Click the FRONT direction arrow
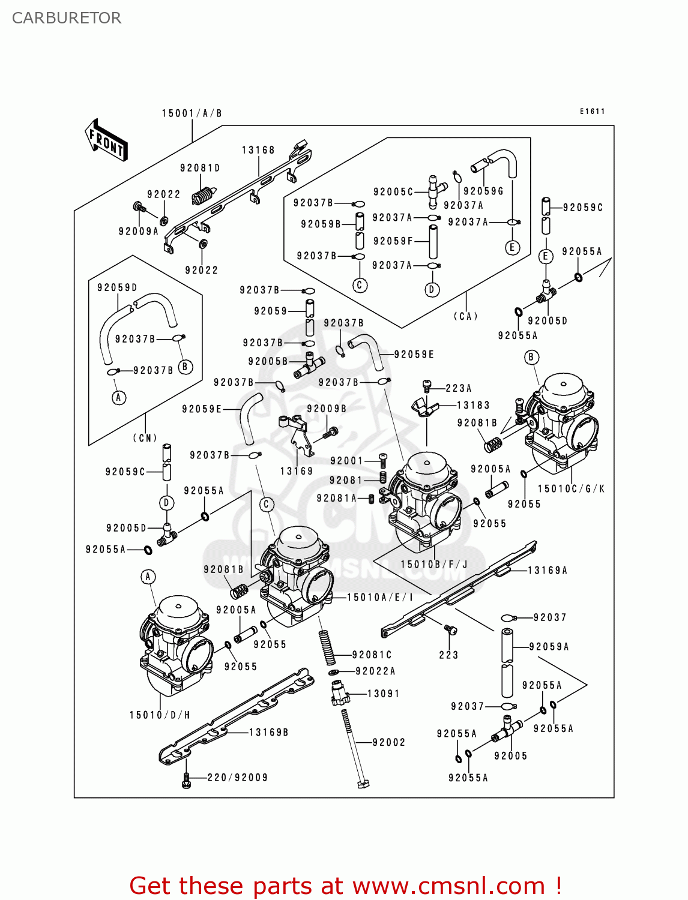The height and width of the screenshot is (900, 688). click(106, 140)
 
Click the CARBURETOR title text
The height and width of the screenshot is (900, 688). click(67, 18)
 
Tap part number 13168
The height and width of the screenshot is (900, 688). click(258, 150)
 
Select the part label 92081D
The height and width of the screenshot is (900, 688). click(200, 168)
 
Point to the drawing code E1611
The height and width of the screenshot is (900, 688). click(592, 111)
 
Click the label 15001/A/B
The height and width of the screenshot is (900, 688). click(192, 113)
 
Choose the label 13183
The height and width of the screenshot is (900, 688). click(473, 406)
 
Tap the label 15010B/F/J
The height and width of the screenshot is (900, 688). click(433, 565)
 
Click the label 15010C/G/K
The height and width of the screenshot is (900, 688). click(571, 489)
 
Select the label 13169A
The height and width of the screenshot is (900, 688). click(547, 571)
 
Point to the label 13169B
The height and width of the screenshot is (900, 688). click(268, 733)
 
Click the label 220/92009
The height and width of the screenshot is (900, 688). click(237, 778)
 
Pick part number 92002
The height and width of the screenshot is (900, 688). click(388, 743)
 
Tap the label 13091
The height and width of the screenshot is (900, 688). click(383, 694)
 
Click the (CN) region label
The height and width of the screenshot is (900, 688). click(145, 438)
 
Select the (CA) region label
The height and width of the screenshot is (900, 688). click(465, 316)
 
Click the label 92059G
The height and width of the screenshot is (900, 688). click(483, 191)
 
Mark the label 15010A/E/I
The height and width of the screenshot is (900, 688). click(380, 598)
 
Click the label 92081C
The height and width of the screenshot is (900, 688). click(372, 655)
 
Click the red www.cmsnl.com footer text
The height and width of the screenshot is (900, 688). click(345, 886)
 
